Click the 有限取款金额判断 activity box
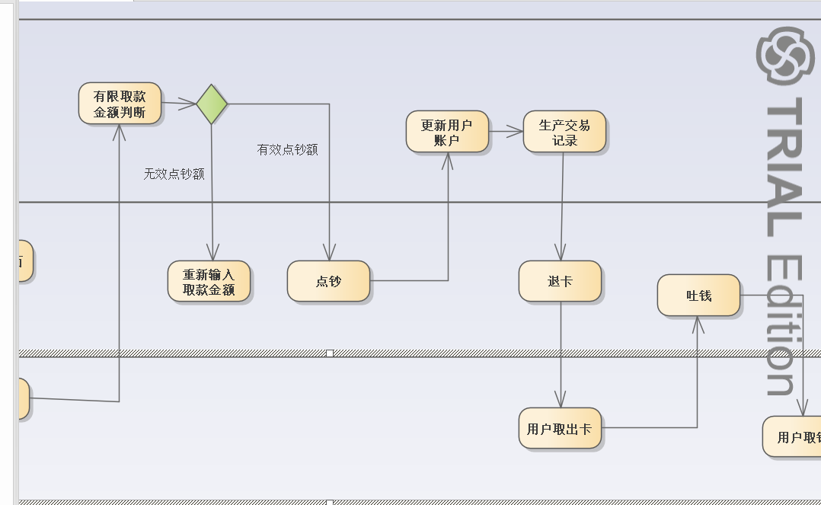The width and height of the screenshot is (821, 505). pyautogui.click(x=120, y=104)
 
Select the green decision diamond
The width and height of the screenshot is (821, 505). pyautogui.click(x=212, y=104)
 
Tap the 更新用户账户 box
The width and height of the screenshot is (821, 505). pyautogui.click(x=447, y=132)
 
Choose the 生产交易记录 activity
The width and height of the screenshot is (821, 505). pyautogui.click(x=564, y=132)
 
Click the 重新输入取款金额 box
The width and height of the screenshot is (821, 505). pyautogui.click(x=209, y=281)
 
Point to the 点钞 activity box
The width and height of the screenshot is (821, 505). pyautogui.click(x=328, y=281)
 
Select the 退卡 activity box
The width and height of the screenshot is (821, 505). pyautogui.click(x=560, y=281)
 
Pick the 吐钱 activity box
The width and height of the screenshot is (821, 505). pyautogui.click(x=698, y=295)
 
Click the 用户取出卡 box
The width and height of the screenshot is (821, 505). pyautogui.click(x=560, y=428)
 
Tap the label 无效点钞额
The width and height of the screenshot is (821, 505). pyautogui.click(x=174, y=174)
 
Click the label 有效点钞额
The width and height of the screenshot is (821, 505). pyautogui.click(x=287, y=149)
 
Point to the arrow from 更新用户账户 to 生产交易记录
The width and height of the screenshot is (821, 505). pyautogui.click(x=506, y=132)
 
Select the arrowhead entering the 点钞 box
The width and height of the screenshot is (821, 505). pyautogui.click(x=329, y=253)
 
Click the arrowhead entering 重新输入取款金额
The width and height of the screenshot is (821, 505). pyautogui.click(x=212, y=253)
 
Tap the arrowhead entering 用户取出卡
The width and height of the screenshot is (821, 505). pyautogui.click(x=561, y=400)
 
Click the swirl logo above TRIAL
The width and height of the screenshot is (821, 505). pyautogui.click(x=785, y=55)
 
